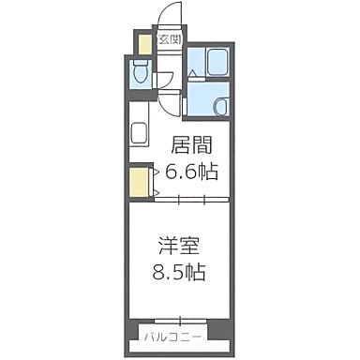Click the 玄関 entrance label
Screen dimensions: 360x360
(169, 39)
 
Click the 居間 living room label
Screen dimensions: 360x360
(189, 145)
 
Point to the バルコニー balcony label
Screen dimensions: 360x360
(171, 334)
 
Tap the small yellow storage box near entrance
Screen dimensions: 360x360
(144, 44)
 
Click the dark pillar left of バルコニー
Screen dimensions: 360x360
(133, 332)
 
